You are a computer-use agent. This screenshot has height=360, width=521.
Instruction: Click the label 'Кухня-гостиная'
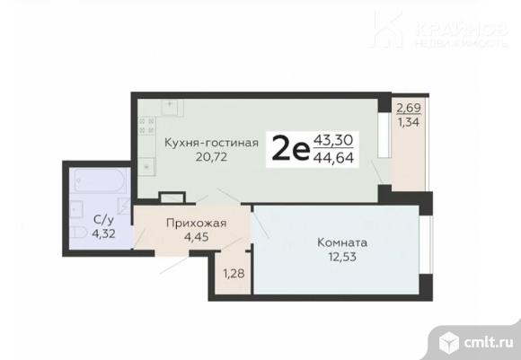[211, 141]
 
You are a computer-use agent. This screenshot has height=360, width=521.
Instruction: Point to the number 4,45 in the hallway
[194, 238]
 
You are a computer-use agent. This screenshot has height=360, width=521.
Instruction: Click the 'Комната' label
[342, 242]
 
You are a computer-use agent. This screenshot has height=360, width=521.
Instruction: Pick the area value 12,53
[342, 259]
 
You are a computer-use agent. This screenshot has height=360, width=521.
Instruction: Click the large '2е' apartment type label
[290, 148]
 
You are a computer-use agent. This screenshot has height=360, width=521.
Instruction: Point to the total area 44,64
[333, 160]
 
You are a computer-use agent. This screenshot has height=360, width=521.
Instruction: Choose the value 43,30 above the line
[333, 140]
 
